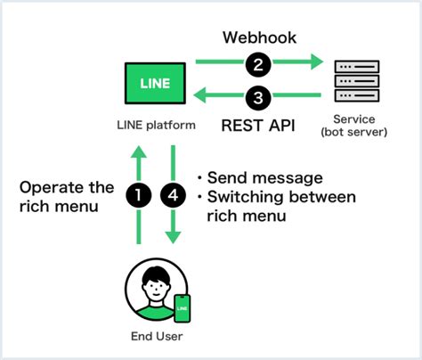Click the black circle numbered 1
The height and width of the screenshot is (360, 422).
138,193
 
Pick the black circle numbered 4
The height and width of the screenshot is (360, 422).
174,193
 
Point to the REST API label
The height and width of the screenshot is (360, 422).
258,126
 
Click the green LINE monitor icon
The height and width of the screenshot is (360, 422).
156,83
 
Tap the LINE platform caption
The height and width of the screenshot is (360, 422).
156,125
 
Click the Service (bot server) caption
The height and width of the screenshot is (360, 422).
355,127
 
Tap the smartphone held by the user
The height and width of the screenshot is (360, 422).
182,307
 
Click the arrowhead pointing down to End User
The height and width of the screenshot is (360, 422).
174,238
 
